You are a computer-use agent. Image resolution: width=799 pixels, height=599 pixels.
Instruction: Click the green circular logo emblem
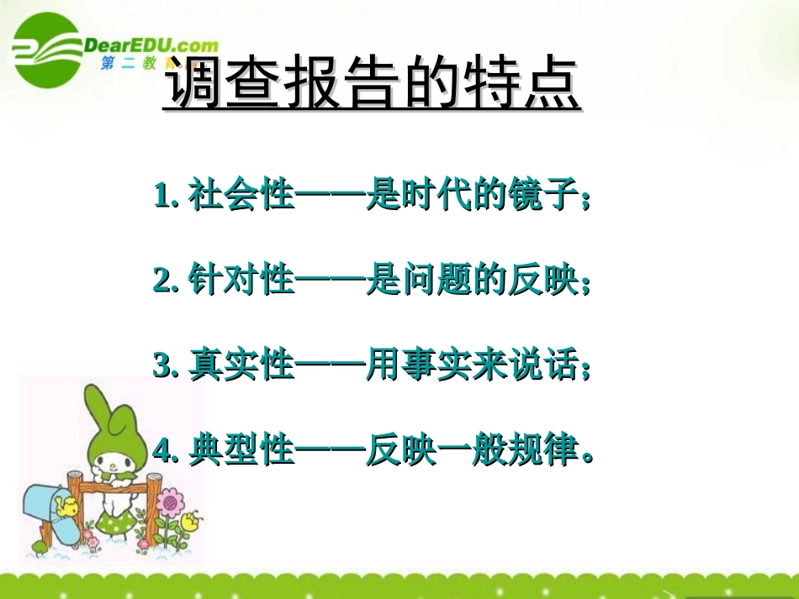tap(46, 51)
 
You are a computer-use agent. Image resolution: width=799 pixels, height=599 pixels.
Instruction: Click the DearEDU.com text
tap(151, 46)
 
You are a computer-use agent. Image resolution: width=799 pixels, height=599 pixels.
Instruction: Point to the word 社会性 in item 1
tap(241, 197)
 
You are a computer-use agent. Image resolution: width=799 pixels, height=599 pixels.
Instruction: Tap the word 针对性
tap(241, 281)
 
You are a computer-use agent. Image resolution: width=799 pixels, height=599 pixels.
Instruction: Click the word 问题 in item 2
tap(437, 281)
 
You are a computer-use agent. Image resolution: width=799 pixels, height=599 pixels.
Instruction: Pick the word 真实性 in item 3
tap(241, 367)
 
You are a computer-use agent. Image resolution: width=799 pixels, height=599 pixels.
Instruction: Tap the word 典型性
tap(241, 452)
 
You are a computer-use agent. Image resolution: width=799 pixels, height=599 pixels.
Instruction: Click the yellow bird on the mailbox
tap(65, 505)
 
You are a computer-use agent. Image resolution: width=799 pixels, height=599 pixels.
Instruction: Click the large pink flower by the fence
tap(171, 504)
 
